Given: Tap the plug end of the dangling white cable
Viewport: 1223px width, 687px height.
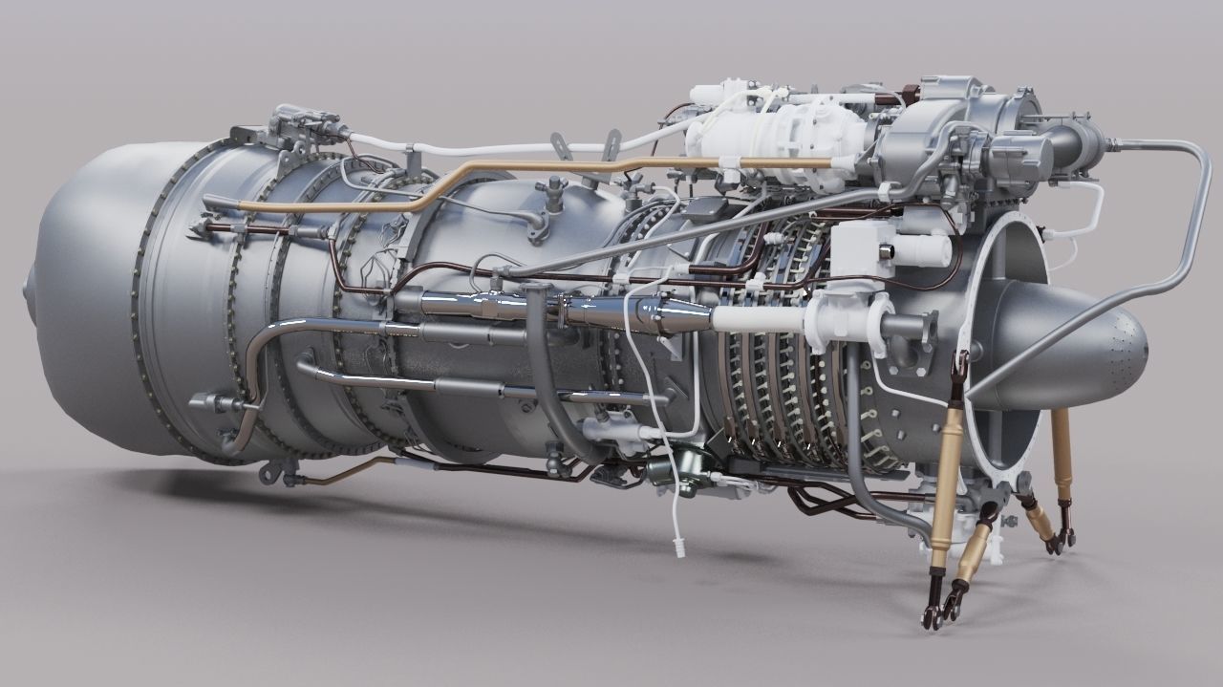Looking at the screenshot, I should pos(679,548).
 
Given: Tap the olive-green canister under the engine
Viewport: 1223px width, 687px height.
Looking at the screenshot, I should pos(659,470).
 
